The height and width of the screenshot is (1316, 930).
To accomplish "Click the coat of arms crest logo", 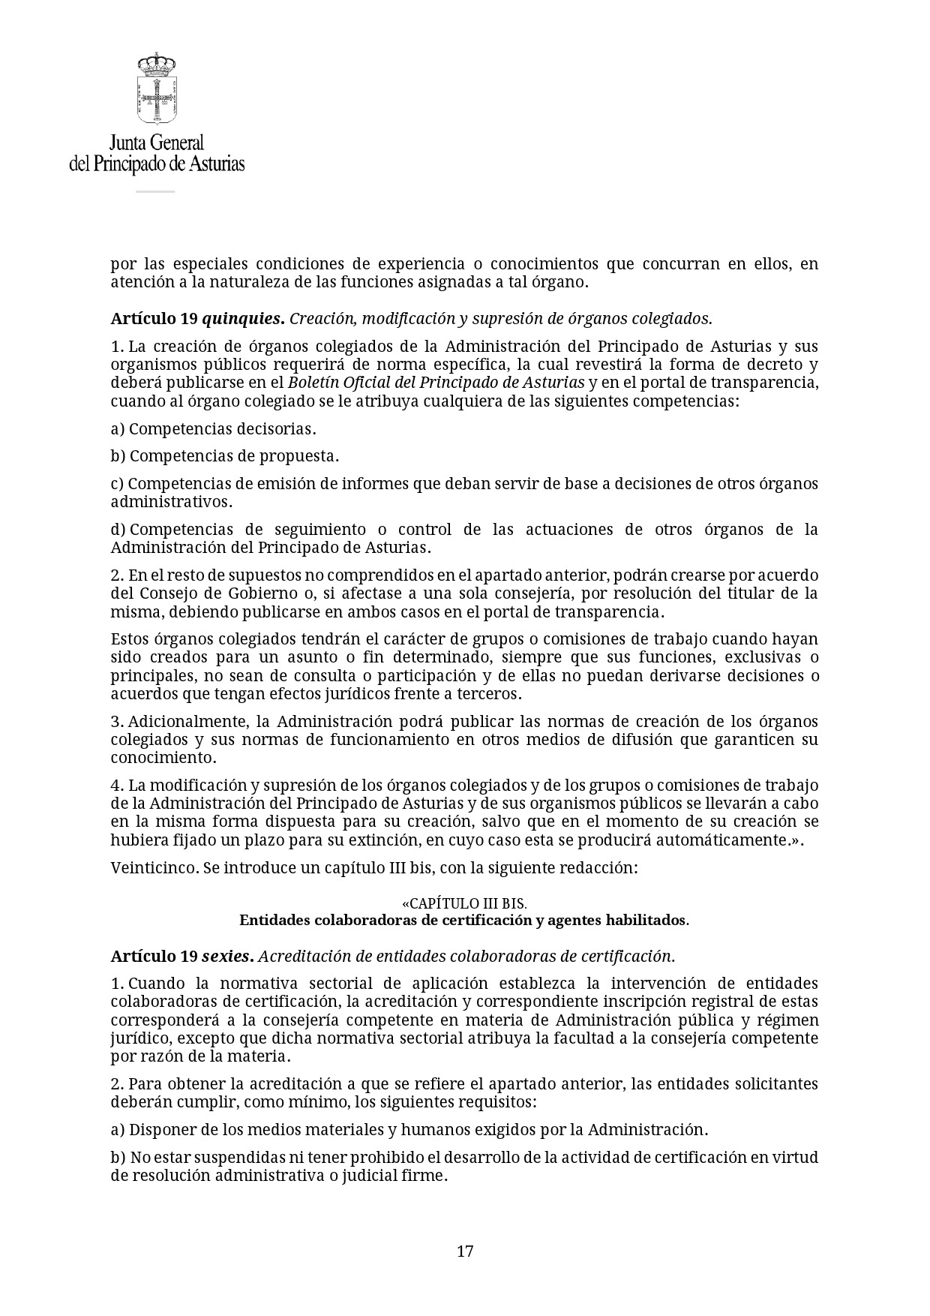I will [x=157, y=89].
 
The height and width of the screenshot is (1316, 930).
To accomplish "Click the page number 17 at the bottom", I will [x=465, y=1251].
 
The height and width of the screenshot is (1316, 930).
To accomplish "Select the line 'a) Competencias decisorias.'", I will [x=213, y=428].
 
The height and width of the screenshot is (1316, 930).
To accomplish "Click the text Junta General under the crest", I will [x=157, y=143].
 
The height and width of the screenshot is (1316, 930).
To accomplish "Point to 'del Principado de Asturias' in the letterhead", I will [x=157, y=164].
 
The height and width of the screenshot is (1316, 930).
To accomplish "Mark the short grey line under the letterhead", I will [x=155, y=191].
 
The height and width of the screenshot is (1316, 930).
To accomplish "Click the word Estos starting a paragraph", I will [x=130, y=639].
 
